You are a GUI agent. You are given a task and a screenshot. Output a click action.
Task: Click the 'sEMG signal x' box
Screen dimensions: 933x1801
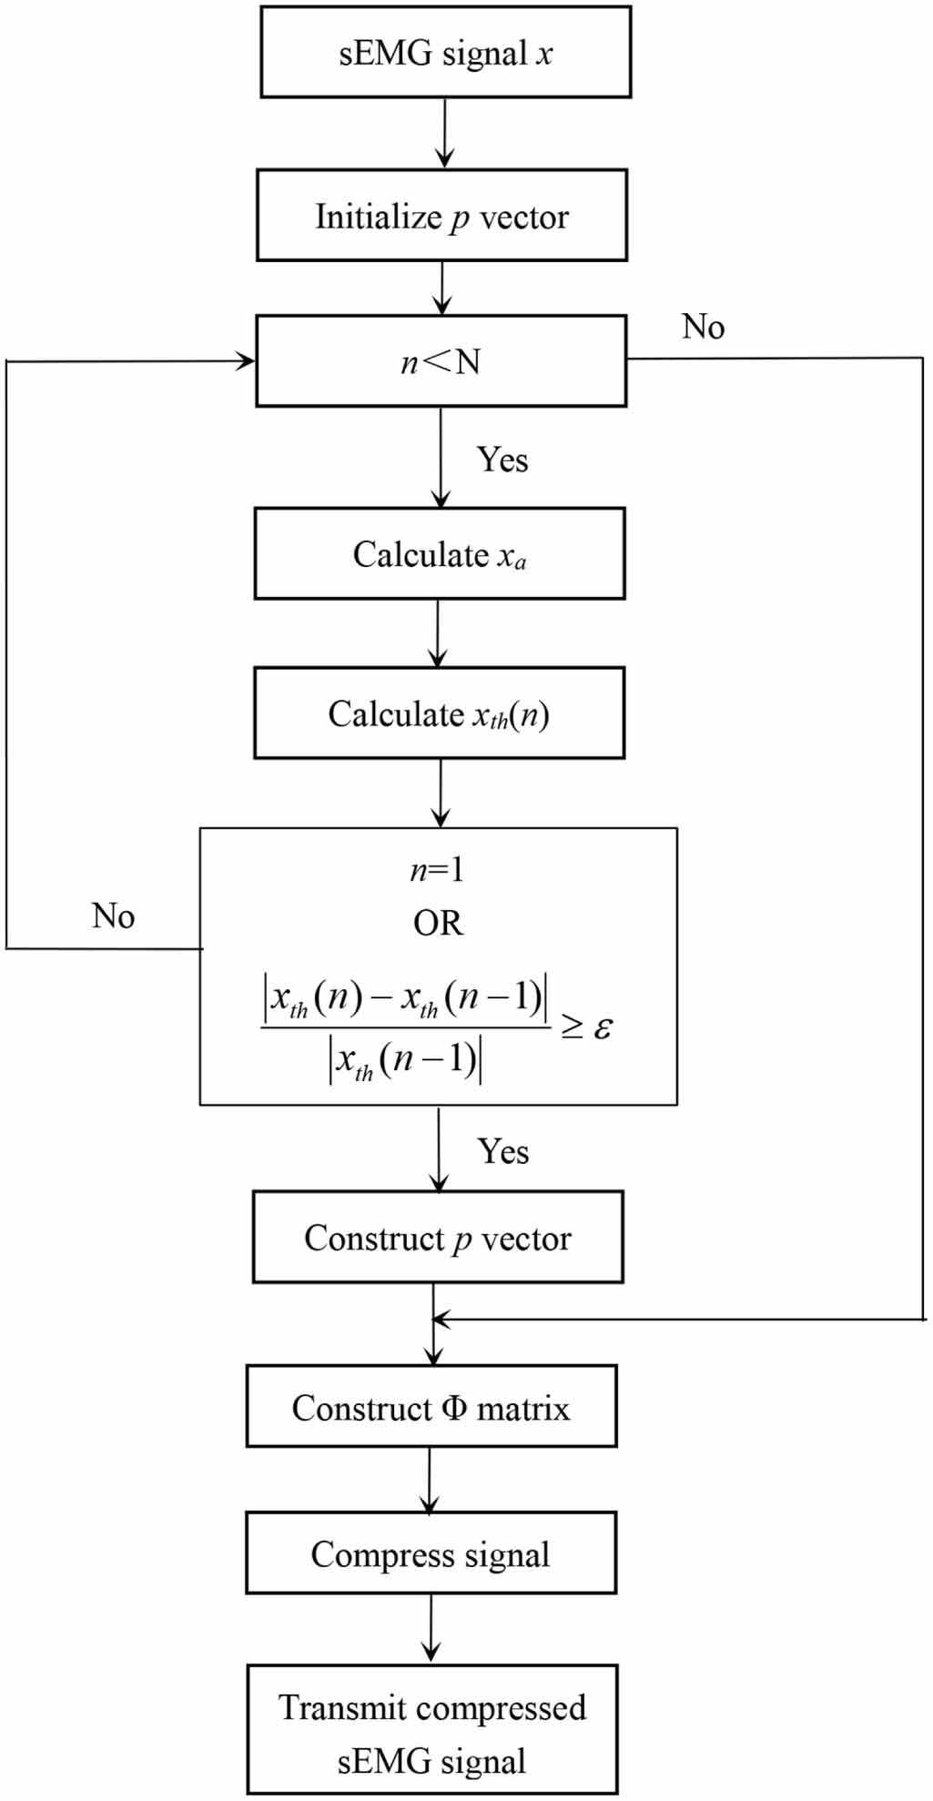(x=446, y=52)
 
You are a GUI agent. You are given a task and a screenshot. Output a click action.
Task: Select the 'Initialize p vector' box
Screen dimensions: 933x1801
(x=442, y=215)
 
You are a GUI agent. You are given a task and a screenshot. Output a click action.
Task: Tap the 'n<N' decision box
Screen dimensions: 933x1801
(x=441, y=360)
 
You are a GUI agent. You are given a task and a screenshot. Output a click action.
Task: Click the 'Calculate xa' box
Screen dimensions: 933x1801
(x=440, y=553)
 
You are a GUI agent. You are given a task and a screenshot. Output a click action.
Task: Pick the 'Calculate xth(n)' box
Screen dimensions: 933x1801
(x=440, y=713)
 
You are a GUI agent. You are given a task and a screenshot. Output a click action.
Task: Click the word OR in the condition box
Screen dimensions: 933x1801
(x=438, y=924)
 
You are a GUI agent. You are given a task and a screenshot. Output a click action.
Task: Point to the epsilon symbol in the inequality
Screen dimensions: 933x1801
(x=603, y=1027)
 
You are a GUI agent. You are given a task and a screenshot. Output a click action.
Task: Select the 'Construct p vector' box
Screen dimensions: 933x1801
(x=438, y=1237)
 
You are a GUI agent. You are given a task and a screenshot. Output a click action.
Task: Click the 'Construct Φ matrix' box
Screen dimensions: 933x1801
(x=431, y=1406)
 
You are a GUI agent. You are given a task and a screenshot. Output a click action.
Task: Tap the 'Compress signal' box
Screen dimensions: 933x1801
(x=431, y=1553)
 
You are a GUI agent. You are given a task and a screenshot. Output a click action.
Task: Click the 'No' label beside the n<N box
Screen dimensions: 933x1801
(x=703, y=327)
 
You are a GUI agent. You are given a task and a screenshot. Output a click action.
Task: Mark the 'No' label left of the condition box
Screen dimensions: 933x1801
(x=113, y=916)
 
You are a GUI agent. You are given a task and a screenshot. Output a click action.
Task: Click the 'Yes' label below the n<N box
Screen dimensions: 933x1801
(x=502, y=460)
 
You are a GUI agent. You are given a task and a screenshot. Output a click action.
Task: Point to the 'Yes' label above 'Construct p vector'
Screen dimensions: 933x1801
(x=503, y=1151)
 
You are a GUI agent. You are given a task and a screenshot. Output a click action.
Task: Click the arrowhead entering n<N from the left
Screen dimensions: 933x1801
(x=246, y=361)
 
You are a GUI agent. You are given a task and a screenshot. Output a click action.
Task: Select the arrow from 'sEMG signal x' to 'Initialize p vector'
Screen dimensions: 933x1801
(x=444, y=134)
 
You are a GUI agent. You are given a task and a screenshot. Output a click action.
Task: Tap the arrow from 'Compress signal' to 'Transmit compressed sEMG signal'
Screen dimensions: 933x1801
(x=431, y=1629)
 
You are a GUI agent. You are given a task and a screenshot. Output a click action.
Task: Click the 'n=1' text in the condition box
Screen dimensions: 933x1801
(x=437, y=871)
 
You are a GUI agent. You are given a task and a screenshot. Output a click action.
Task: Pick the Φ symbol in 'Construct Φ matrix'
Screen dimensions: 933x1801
(x=454, y=1408)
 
